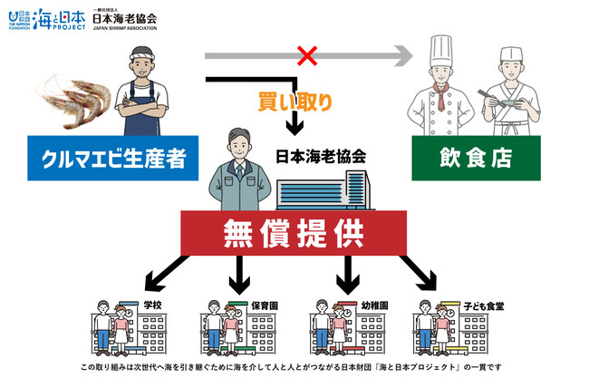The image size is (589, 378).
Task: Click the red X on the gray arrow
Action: click(x=307, y=56)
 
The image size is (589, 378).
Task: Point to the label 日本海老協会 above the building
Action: click(x=320, y=156)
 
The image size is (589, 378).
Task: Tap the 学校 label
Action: click(x=152, y=305)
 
